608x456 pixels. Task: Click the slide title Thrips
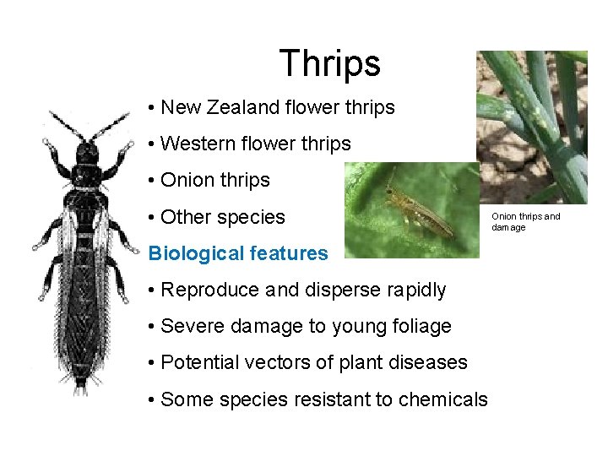click(329, 63)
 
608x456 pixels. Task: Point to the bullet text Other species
click(223, 217)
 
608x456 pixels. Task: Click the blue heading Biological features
click(237, 253)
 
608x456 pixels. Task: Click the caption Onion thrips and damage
click(525, 222)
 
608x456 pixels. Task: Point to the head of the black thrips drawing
click(87, 153)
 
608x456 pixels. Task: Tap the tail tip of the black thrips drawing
click(80, 388)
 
